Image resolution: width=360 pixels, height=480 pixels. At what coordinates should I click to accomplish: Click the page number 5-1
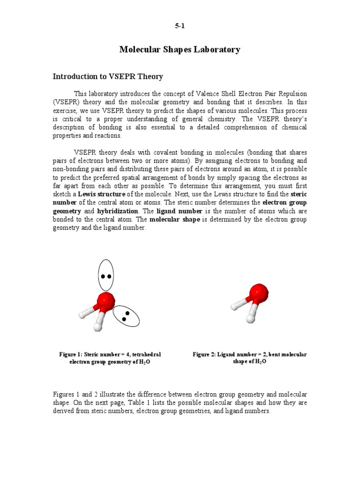[180, 26]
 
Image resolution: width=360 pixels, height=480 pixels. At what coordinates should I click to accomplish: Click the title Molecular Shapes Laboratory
[180, 50]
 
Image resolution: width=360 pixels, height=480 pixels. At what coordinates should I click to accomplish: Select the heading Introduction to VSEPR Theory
[108, 76]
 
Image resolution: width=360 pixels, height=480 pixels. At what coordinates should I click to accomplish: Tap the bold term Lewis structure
[102, 194]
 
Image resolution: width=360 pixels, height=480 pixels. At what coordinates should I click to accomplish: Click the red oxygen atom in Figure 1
[105, 300]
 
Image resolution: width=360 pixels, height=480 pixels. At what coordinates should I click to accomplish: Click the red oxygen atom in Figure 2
[259, 292]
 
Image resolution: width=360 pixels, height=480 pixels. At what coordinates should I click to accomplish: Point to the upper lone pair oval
[106, 275]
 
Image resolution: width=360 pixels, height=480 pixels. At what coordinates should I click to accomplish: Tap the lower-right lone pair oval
[126, 316]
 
